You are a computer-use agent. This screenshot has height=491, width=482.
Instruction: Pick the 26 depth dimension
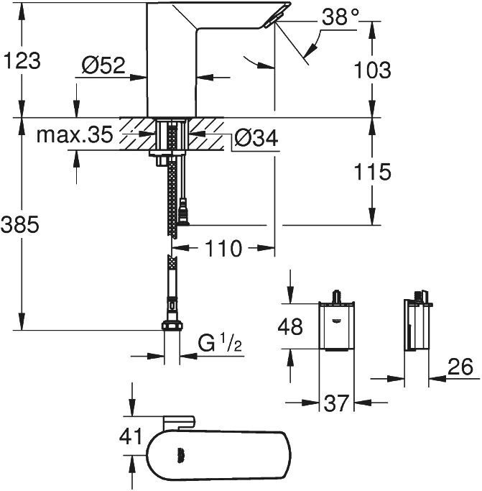460,367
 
